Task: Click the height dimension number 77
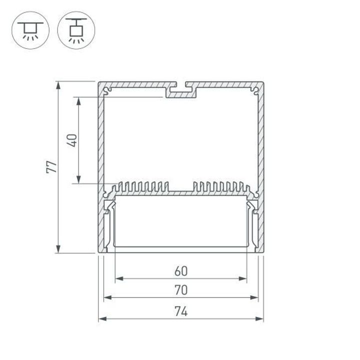click(x=50, y=167)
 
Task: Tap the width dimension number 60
click(x=181, y=271)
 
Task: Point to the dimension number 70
click(x=181, y=290)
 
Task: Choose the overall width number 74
click(x=181, y=311)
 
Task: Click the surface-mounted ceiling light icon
click(x=30, y=30)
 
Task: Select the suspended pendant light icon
click(x=76, y=30)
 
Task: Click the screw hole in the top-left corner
click(x=107, y=91)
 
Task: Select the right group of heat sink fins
click(x=220, y=187)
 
